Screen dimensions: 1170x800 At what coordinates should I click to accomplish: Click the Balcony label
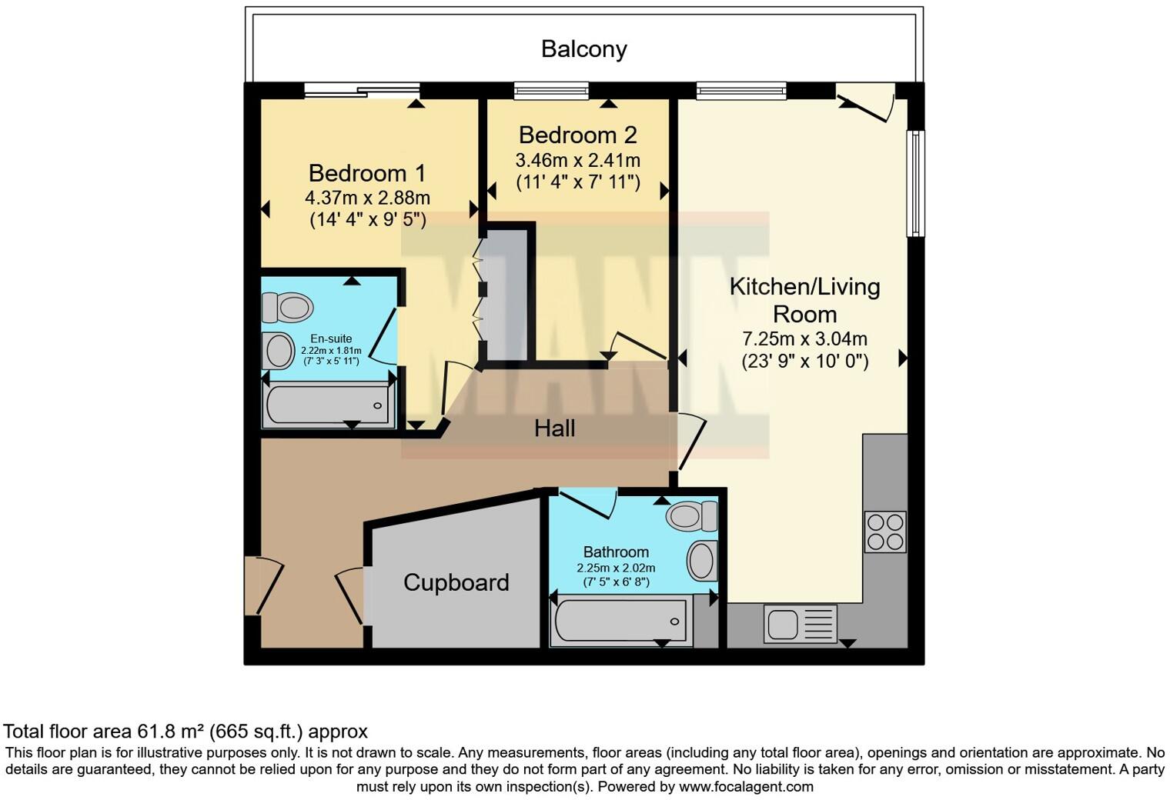click(x=583, y=49)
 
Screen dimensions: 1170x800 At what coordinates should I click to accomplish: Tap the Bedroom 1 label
click(x=366, y=173)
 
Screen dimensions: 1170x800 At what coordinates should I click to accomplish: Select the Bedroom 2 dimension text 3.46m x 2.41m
click(x=577, y=161)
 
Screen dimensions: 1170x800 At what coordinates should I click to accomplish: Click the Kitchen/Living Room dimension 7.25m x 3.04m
click(x=804, y=338)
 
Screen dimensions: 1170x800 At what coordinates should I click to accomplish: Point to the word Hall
click(x=554, y=428)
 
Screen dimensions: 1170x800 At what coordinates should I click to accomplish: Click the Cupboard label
click(x=456, y=582)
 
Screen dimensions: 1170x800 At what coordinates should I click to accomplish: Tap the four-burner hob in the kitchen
click(x=884, y=532)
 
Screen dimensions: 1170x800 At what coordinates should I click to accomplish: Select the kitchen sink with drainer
click(x=800, y=623)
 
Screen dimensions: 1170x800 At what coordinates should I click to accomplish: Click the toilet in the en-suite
click(x=288, y=308)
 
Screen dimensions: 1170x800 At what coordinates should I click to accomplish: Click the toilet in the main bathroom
click(x=691, y=515)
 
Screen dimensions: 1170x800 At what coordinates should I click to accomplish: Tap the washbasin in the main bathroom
click(x=702, y=560)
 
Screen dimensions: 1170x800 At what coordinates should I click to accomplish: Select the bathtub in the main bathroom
click(x=620, y=621)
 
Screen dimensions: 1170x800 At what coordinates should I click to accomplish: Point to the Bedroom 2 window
click(x=550, y=91)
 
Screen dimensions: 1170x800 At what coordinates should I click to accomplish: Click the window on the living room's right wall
click(x=915, y=183)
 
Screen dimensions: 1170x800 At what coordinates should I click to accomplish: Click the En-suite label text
click(x=331, y=338)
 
